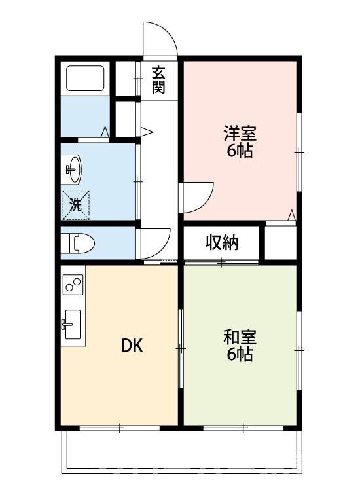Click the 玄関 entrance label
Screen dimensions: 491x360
click(x=158, y=80)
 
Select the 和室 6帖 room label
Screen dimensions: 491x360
click(x=240, y=346)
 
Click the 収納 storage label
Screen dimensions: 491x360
click(x=223, y=243)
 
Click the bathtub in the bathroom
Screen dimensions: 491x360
click(x=86, y=80)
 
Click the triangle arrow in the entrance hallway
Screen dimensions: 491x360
click(x=148, y=132)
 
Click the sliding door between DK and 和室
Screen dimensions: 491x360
click(x=180, y=347)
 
